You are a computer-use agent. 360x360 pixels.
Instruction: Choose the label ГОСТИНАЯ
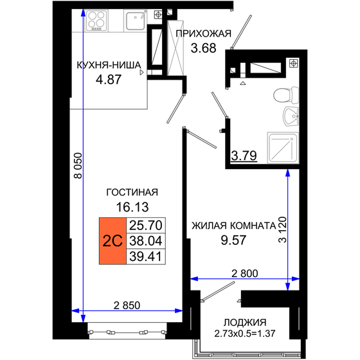click(x=133, y=193)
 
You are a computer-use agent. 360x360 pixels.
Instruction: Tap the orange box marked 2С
click(x=113, y=241)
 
